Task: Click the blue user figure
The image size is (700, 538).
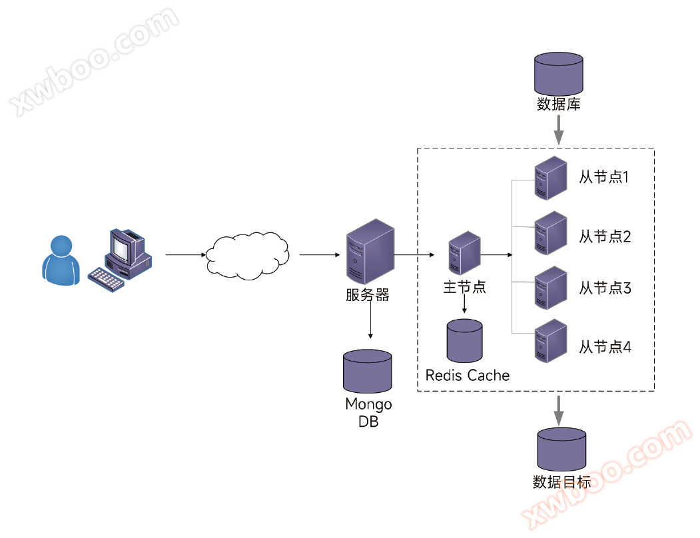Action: point(59,260)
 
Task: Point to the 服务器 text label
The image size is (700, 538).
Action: point(367,295)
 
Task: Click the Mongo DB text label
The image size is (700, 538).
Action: point(368,413)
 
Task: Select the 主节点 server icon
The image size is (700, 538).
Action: point(464,254)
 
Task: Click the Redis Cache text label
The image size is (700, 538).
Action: point(468,376)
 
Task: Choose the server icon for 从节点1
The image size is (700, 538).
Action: point(551,178)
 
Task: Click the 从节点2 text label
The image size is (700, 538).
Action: point(605,236)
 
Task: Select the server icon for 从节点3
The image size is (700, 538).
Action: point(551,288)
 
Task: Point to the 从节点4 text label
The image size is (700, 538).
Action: point(605,347)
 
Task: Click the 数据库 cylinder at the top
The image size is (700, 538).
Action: point(559,75)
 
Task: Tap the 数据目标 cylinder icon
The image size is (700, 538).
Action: point(561,450)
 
